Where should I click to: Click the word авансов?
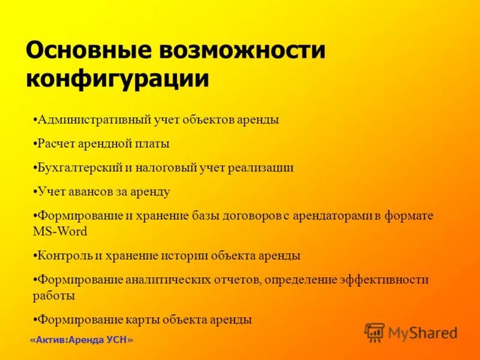91,192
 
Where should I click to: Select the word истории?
185,256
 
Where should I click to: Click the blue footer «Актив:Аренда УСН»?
81,340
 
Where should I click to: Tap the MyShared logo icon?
374,332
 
